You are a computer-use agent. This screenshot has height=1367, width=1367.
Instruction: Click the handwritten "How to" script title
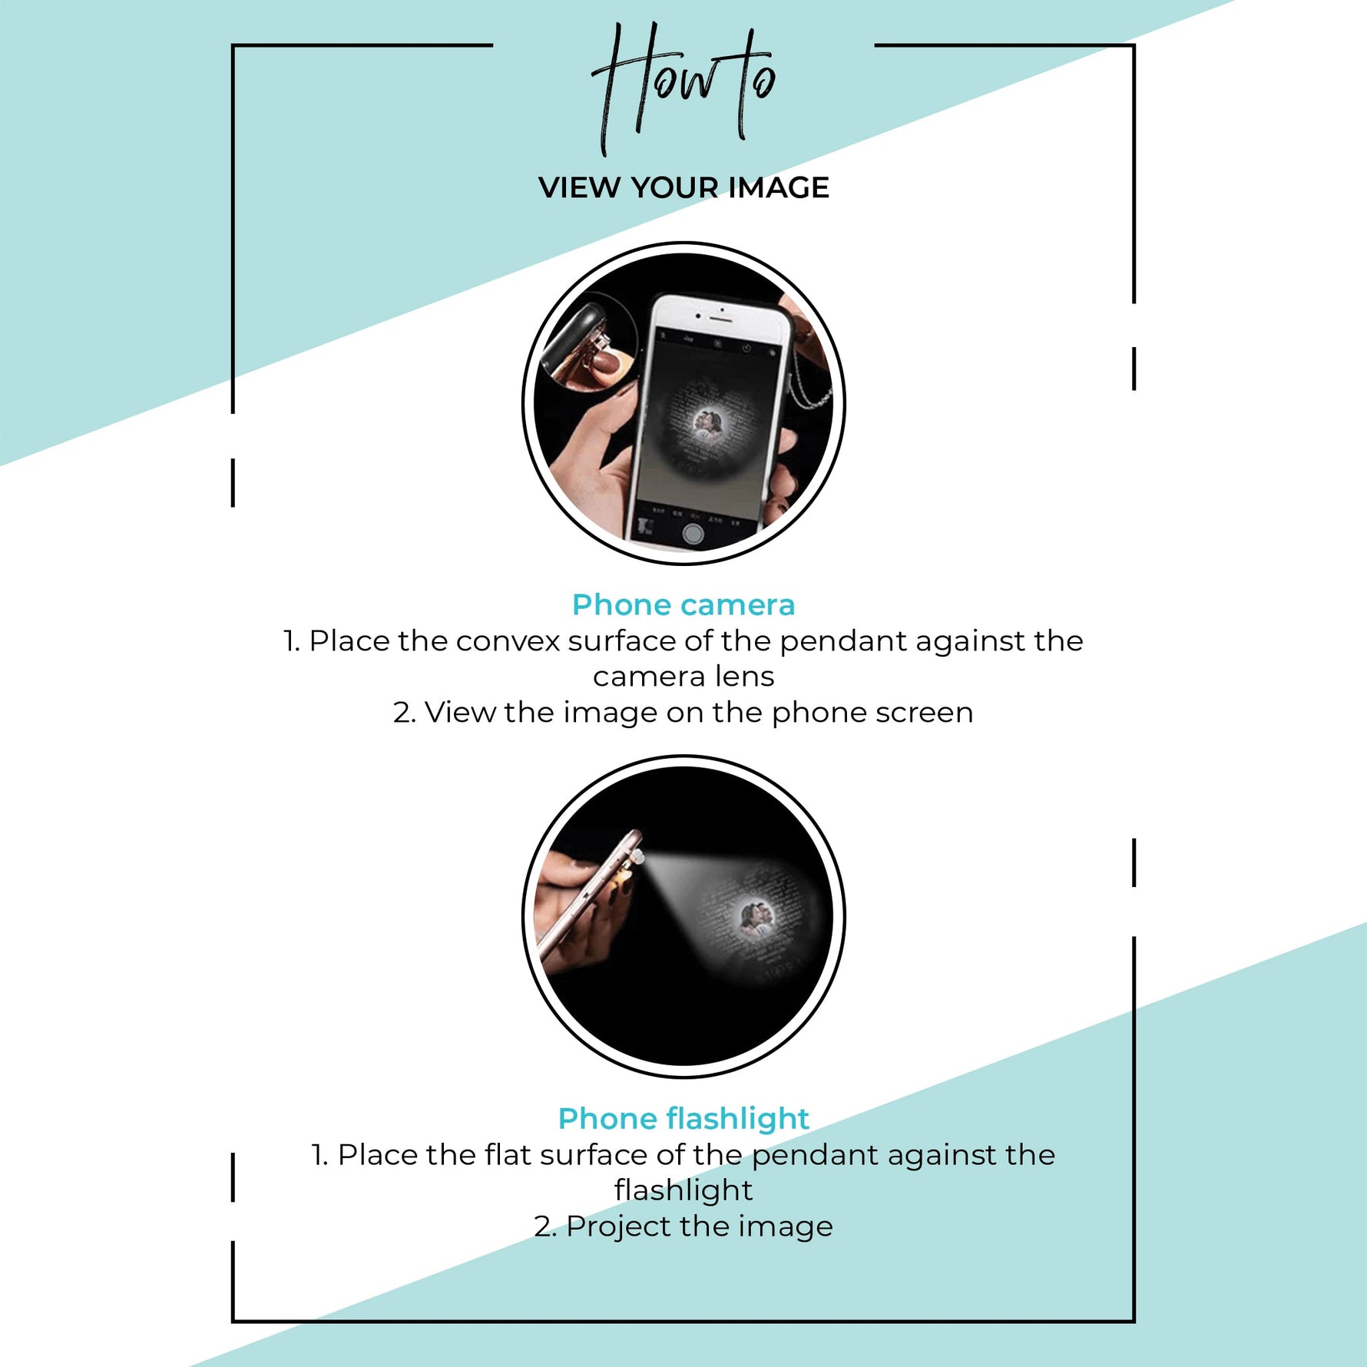[683, 88]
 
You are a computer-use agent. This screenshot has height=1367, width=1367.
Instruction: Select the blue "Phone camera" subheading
[683, 605]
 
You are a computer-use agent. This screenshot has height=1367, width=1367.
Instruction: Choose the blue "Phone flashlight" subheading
[683, 1119]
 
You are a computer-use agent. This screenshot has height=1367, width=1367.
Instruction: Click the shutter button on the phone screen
[693, 534]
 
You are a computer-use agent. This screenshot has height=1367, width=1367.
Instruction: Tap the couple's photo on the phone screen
[707, 424]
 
